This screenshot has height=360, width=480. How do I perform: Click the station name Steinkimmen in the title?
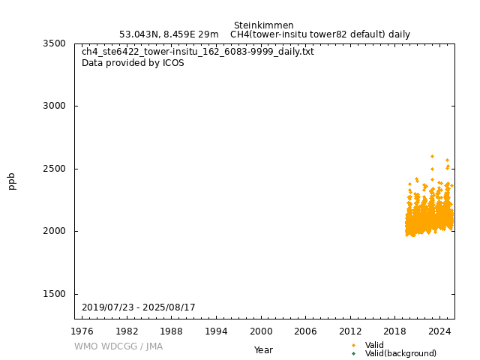[263, 25]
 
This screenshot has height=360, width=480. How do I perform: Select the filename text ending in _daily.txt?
[198, 52]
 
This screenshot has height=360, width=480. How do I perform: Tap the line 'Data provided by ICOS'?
[133, 63]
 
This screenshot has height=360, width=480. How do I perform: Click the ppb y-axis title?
[12, 181]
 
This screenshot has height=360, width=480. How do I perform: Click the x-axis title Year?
[263, 350]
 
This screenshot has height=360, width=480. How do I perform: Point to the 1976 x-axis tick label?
[82, 331]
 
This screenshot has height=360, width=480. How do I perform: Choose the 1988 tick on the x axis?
[172, 331]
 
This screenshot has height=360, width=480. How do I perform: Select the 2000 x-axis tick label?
[261, 331]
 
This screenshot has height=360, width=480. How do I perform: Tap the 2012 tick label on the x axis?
[350, 331]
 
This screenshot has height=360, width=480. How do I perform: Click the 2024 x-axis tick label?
[439, 331]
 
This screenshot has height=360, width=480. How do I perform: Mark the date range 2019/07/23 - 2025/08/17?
[139, 307]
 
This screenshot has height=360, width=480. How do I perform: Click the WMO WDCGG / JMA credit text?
[118, 346]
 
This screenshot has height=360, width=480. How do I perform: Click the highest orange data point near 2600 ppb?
[432, 156]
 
